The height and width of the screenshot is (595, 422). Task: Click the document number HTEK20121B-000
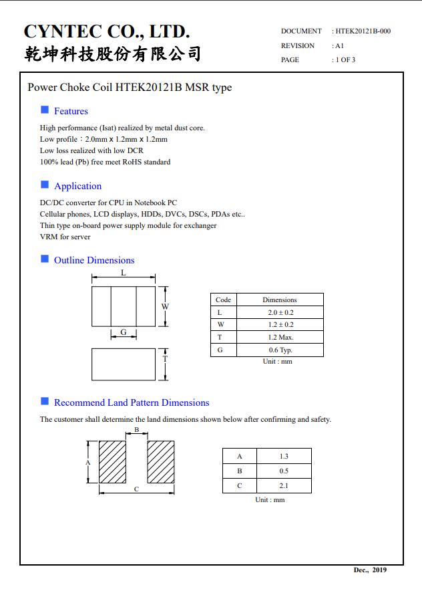(x=363, y=31)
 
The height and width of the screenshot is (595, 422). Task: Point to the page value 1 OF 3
(x=345, y=60)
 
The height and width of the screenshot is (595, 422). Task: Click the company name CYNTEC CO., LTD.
(x=107, y=31)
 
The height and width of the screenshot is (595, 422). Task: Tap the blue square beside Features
(x=45, y=110)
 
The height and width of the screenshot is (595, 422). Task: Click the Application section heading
(x=77, y=186)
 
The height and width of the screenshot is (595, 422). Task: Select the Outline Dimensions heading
(x=94, y=260)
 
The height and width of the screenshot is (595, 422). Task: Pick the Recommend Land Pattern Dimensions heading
(x=132, y=402)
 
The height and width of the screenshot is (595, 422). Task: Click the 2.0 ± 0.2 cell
(x=280, y=312)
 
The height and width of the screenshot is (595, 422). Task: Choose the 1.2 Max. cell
(x=280, y=338)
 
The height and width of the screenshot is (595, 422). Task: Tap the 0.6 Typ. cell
(x=280, y=350)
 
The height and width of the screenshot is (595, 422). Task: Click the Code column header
(x=223, y=300)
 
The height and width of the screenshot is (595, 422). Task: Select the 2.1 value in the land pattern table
(x=284, y=486)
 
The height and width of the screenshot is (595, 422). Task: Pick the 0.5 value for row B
(x=284, y=471)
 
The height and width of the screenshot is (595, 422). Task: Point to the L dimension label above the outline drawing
(x=124, y=273)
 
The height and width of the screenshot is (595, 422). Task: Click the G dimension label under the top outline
(x=124, y=332)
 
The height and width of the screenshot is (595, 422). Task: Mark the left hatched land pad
(x=113, y=461)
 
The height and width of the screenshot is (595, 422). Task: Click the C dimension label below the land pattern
(x=136, y=489)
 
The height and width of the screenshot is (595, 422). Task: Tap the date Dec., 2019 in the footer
(x=370, y=570)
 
